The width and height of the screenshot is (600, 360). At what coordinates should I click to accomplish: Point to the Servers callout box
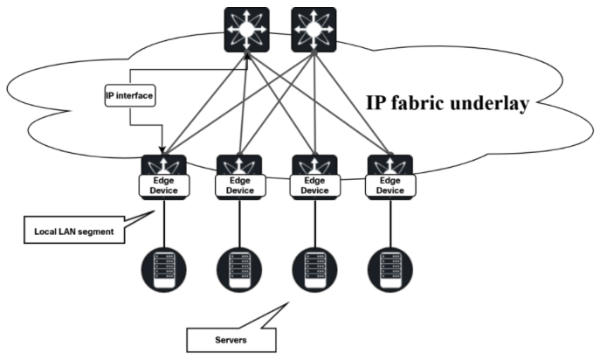click(x=232, y=336)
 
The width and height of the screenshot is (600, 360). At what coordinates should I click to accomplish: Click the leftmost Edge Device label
click(x=163, y=184)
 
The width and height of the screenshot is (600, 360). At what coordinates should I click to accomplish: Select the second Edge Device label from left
click(x=238, y=184)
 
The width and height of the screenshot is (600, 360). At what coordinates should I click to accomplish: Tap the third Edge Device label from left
click(x=314, y=184)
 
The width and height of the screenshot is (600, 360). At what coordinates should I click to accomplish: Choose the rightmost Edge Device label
click(x=390, y=184)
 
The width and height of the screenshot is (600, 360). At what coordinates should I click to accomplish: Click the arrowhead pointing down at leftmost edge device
click(x=162, y=149)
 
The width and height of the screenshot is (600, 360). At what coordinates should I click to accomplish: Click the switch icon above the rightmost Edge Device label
click(x=390, y=164)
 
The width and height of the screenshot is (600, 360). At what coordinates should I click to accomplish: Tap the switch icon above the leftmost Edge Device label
click(x=163, y=164)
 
